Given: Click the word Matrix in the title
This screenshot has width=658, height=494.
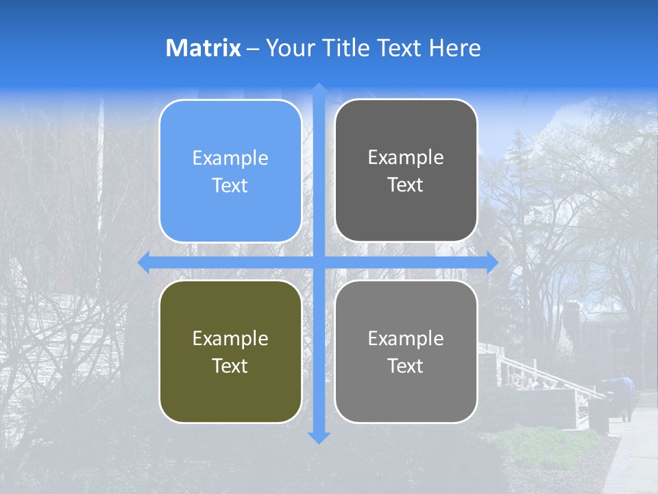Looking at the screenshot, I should (x=204, y=48).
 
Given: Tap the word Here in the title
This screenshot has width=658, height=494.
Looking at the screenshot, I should (x=454, y=48).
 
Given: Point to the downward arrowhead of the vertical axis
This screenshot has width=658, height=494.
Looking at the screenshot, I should (x=319, y=438).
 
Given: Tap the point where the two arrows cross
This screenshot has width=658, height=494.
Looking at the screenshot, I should (x=319, y=263).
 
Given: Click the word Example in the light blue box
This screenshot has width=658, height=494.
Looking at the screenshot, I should (x=230, y=158).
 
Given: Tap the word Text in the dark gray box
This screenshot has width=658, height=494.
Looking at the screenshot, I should (x=406, y=185).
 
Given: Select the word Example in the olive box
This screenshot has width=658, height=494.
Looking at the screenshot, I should (x=230, y=339).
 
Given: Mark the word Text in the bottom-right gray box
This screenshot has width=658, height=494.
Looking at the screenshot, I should (x=406, y=366).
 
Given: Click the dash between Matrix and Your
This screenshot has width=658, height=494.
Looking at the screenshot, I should (x=253, y=49).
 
